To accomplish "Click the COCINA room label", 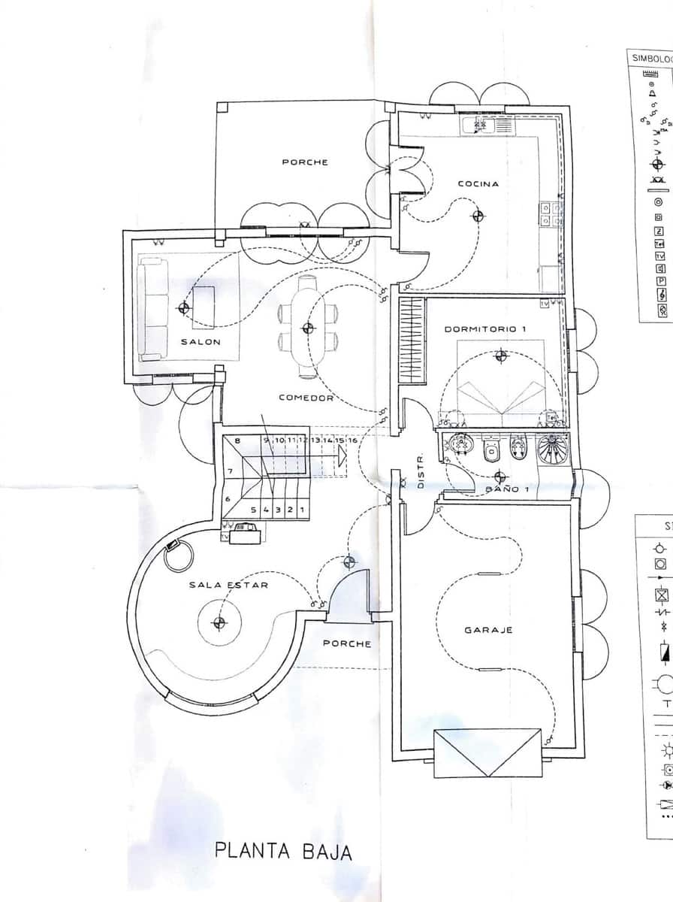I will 478,184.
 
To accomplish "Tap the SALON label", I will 201,342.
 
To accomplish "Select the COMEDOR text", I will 306,398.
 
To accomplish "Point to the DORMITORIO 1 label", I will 485,329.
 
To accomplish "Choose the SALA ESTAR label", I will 228,584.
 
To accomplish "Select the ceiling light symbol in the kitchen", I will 478,216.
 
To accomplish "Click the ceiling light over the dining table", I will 307,328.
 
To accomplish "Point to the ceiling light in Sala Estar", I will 219,622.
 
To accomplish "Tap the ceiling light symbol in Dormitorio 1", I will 501,356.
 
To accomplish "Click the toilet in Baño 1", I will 492,449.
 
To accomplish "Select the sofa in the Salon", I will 152,307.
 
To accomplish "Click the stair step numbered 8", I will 237,441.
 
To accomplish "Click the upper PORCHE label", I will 305,162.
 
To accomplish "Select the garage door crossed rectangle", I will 487,752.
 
